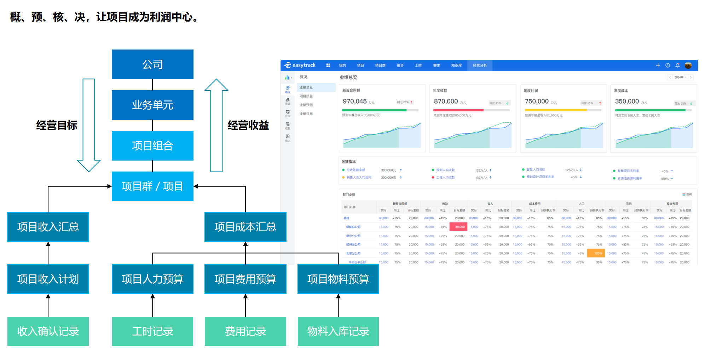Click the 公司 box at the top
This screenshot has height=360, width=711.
tap(152, 64)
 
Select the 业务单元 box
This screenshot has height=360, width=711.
tap(152, 105)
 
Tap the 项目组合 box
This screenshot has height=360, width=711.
tap(152, 146)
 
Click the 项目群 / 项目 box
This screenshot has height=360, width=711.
tap(152, 186)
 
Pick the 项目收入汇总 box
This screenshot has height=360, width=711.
tap(48, 227)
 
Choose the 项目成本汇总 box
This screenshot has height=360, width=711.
tap(245, 227)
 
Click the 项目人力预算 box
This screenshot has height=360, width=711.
tap(152, 279)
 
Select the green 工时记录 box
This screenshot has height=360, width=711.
tap(152, 331)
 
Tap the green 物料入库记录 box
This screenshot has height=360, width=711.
tap(338, 331)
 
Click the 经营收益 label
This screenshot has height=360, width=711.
tap(248, 125)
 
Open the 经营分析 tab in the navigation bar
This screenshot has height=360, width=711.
tap(480, 65)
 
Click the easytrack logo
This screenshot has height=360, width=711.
tap(300, 65)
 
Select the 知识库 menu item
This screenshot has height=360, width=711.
tap(456, 65)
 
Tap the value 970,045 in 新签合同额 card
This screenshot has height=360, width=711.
tap(354, 101)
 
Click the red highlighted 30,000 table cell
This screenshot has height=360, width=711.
tap(459, 227)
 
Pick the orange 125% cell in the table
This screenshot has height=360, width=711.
tap(598, 253)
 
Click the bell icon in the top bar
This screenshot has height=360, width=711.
tap(677, 65)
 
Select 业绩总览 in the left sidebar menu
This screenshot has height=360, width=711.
tap(306, 87)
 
